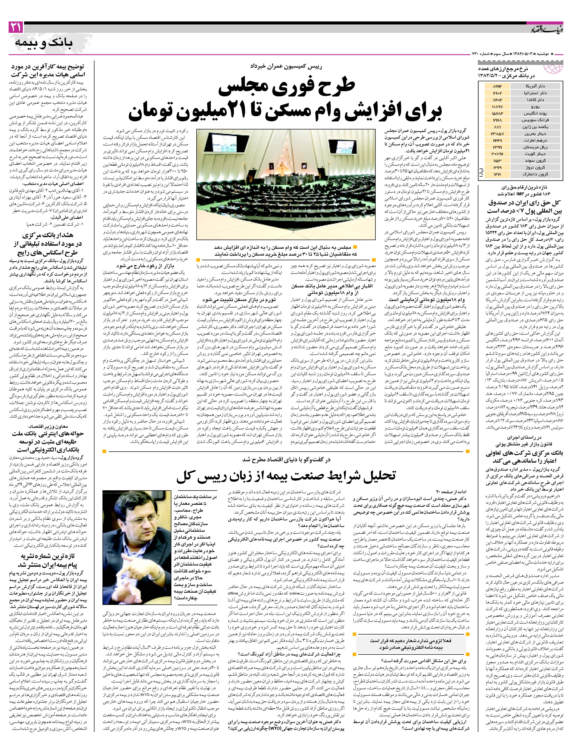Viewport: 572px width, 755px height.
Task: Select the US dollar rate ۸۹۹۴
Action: point(496,86)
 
